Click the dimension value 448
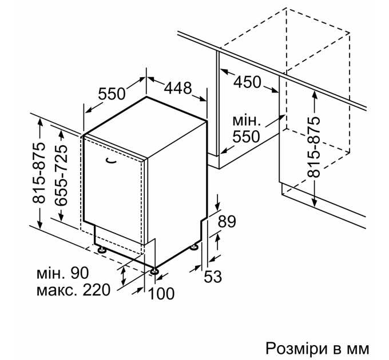click(177, 89)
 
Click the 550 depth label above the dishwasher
click(113, 93)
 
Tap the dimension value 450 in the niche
click(247, 82)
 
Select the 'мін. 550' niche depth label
click(247, 129)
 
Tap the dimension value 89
click(227, 222)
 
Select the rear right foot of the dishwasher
click(195, 247)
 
